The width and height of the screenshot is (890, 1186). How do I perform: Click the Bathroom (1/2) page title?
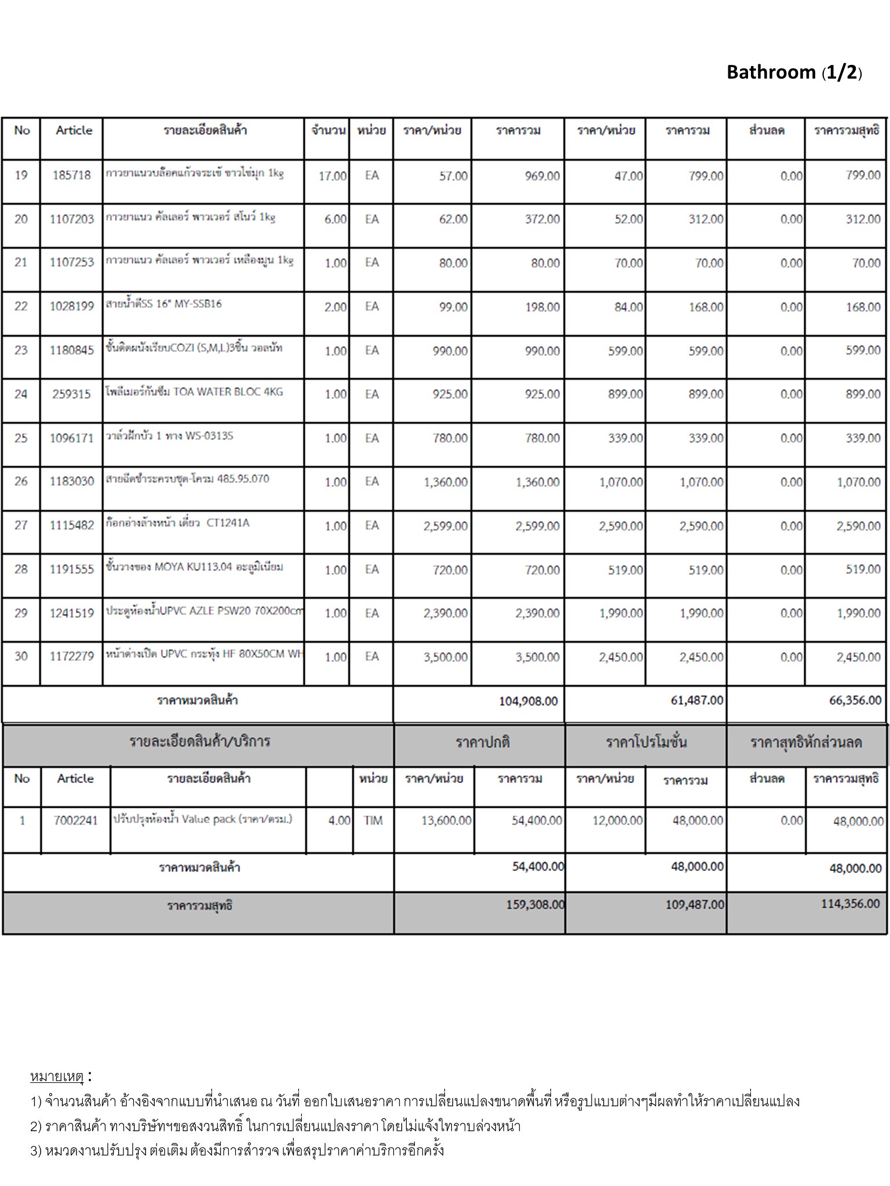point(794,72)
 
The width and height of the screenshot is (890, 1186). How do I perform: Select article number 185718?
point(72,175)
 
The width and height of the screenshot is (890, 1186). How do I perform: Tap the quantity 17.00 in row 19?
point(332,175)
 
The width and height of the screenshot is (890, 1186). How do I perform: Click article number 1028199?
point(72,306)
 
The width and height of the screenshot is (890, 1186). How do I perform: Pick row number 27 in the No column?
point(21,525)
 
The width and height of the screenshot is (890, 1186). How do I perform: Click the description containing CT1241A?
point(177,523)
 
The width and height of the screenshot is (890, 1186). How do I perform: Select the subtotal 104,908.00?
point(528,701)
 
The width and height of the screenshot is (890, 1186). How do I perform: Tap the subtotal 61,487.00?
point(696,701)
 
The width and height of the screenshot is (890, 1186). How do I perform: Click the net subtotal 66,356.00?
point(855,701)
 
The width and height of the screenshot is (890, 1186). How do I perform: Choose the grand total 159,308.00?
point(535,905)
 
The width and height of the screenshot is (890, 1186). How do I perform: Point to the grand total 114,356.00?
point(850,904)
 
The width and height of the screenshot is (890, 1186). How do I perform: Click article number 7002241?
point(75,821)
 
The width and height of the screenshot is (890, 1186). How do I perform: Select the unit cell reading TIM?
point(373,821)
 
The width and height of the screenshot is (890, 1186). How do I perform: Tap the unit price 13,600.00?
point(446,821)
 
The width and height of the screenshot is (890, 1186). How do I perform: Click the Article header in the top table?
point(74,130)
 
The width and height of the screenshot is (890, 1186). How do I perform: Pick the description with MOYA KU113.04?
point(194,567)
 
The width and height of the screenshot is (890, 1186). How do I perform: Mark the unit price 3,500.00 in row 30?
point(446,657)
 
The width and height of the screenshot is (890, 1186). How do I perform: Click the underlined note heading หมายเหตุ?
point(57,1077)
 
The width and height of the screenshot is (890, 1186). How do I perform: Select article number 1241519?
point(72,613)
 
